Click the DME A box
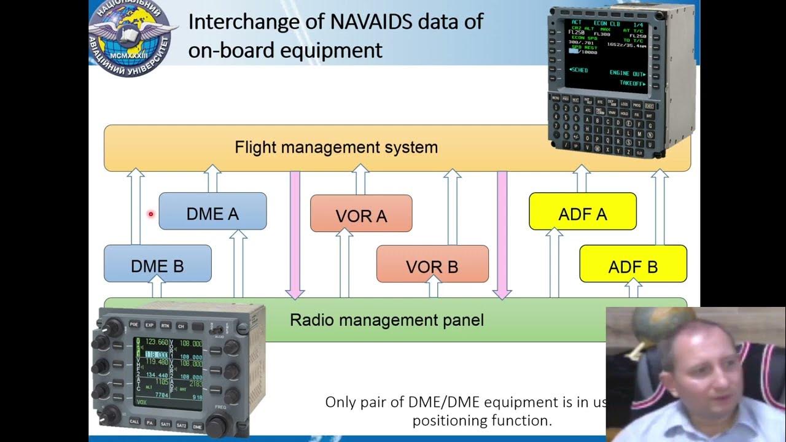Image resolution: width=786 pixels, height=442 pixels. (212, 212)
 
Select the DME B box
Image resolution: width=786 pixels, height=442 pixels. (157, 265)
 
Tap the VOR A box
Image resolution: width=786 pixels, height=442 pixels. (361, 214)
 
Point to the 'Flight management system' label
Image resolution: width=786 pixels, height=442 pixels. (336, 148)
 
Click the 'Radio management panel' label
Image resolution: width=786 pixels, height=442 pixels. (386, 320)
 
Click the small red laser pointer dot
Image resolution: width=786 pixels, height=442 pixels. (150, 214)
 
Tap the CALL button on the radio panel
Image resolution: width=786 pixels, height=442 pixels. (134, 422)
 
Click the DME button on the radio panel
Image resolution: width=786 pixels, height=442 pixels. (197, 425)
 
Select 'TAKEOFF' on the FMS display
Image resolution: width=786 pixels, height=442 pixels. (630, 83)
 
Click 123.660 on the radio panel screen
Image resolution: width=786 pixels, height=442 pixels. (156, 342)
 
